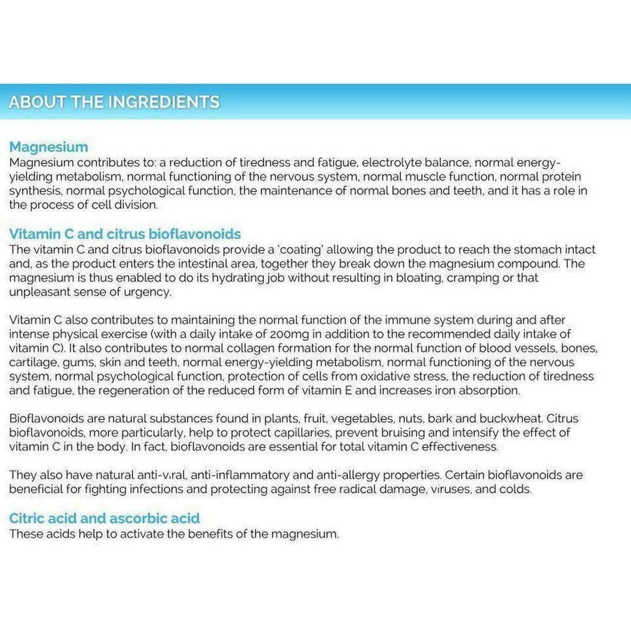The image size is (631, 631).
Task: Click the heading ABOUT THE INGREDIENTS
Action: coord(114,102)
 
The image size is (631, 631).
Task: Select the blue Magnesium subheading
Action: coord(49,147)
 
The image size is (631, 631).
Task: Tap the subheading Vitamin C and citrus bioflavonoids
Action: coord(125,234)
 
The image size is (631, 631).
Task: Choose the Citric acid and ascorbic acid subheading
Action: coord(104,518)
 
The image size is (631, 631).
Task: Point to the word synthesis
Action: coord(36,191)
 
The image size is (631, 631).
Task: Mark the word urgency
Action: coord(147,292)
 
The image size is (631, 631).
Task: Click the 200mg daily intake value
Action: coord(290,334)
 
